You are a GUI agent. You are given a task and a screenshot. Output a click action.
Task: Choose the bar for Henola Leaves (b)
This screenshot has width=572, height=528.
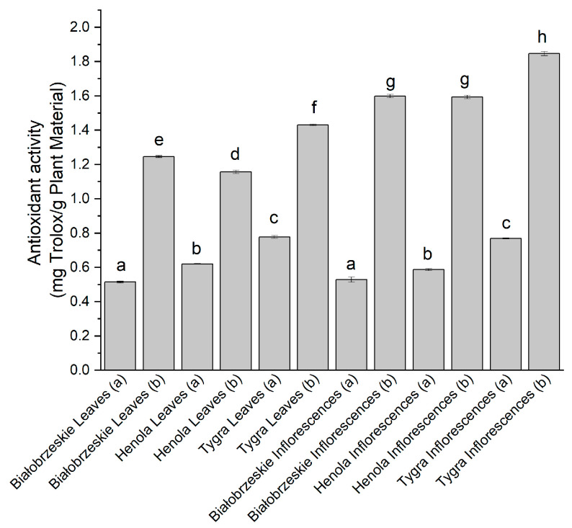tap(236, 271)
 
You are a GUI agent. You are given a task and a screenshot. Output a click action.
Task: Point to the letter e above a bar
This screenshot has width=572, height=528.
tap(158, 138)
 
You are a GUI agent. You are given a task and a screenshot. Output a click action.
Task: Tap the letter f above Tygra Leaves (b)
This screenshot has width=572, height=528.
tap(313, 107)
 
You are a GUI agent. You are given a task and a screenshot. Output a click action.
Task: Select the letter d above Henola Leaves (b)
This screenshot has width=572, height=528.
tap(236, 154)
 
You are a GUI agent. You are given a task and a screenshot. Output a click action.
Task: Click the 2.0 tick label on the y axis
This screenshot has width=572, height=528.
tap(83, 27)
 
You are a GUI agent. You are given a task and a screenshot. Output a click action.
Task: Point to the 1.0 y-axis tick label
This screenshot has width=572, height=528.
tap(83, 199)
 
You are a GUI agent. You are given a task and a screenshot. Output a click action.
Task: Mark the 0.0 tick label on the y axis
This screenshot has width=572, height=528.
tap(83, 370)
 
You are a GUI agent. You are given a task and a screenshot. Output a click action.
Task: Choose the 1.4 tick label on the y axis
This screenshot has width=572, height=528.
tap(83, 130)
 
